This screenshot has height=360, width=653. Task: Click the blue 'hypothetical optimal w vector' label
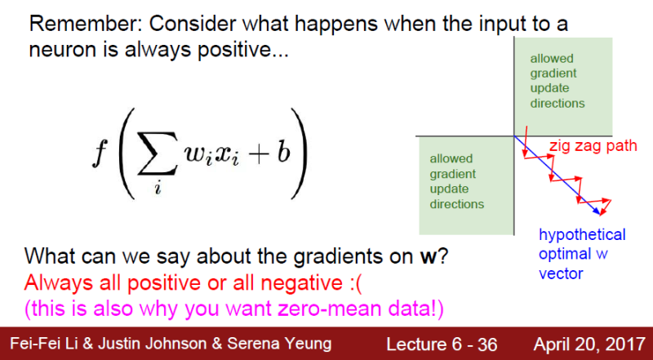pyautogui.click(x=582, y=254)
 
